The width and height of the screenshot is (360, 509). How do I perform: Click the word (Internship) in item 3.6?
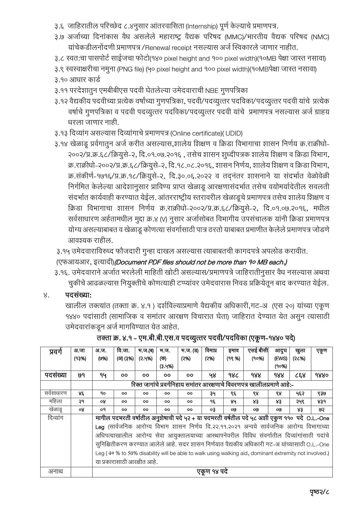202,26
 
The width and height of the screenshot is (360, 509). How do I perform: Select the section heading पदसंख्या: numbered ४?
78,295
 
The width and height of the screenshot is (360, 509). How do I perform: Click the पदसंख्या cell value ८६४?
300,375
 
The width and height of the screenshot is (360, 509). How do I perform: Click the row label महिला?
55,402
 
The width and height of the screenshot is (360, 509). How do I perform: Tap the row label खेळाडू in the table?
55,410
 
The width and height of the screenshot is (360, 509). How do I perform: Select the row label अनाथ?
55,472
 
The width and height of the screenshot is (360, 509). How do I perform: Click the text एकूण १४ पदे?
212,472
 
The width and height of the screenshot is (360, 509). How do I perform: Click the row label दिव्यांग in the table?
55,418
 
